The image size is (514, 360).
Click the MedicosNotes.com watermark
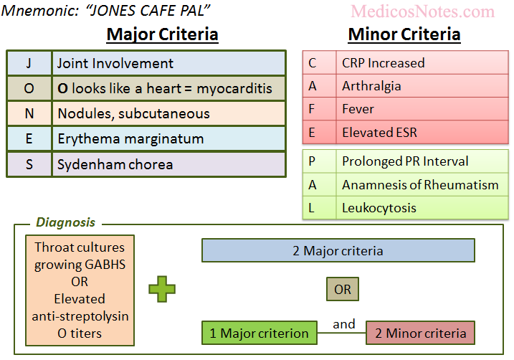click(423, 11)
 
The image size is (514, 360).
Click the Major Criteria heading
click(162, 34)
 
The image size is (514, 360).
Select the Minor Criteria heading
click(404, 34)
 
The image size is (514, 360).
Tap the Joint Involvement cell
click(168, 63)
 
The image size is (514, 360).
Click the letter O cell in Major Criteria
click(29, 89)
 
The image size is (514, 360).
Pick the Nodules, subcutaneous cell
click(168, 113)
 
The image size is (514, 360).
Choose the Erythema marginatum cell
click(168, 138)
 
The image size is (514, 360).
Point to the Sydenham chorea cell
click(168, 164)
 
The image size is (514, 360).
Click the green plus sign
click(162, 289)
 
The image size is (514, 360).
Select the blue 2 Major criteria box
click(338, 250)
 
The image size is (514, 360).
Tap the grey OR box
click(342, 289)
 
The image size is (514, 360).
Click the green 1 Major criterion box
click(259, 333)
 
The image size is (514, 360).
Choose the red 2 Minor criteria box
click(420, 333)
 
